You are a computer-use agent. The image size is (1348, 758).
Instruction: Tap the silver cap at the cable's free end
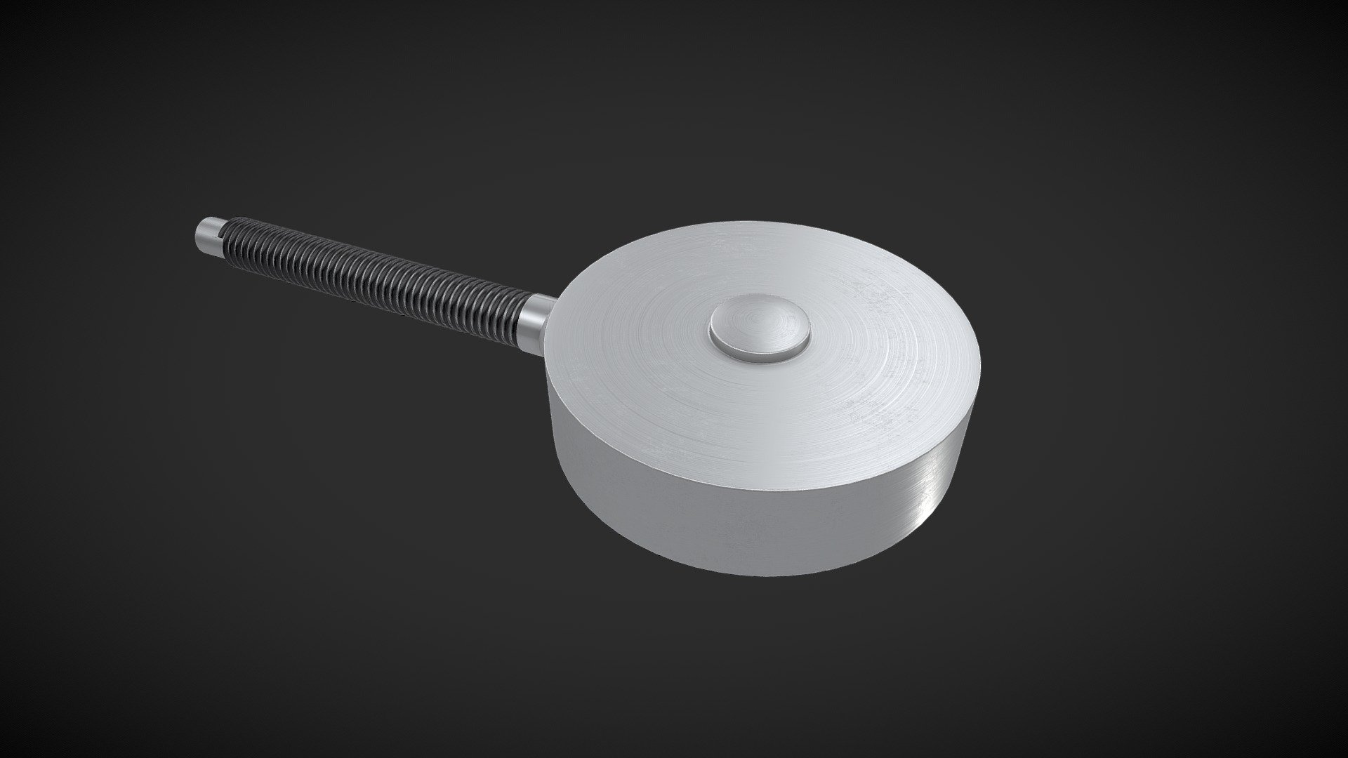click(x=208, y=234)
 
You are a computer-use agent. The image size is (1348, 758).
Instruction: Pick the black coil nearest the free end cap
click(x=228, y=239)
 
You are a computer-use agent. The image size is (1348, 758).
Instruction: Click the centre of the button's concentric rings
click(x=759, y=328)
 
